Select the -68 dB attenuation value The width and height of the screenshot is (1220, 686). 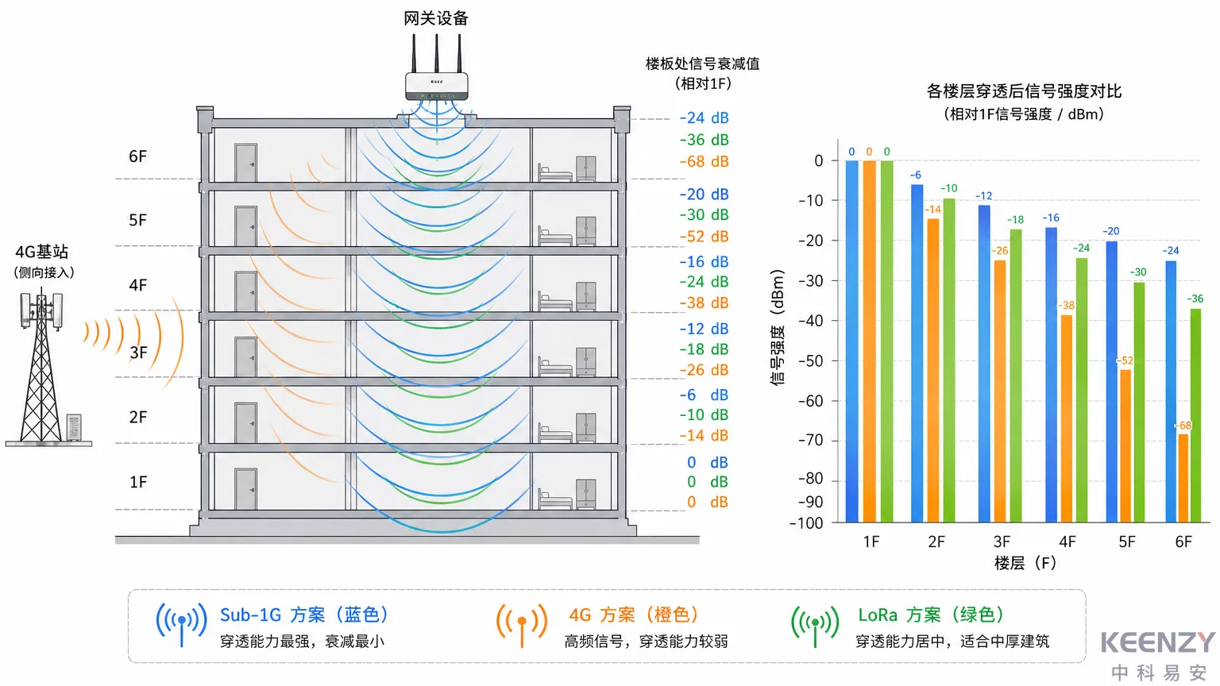click(704, 161)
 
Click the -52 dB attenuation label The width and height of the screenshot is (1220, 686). click(704, 237)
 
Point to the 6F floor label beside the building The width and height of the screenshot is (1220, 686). click(137, 156)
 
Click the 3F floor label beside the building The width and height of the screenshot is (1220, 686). click(138, 353)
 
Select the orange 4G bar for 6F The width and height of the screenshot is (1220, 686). click(1183, 478)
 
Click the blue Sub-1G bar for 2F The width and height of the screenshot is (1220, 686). click(917, 353)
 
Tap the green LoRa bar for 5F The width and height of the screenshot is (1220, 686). click(1139, 403)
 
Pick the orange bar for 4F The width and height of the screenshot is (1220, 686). click(1067, 418)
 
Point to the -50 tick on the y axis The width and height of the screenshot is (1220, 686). click(810, 361)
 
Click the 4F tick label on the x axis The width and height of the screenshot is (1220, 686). click(1067, 541)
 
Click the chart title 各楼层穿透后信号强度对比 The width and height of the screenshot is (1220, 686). click(1024, 91)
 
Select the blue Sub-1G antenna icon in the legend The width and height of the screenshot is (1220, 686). click(181, 624)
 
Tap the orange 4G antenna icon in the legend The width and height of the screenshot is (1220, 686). click(522, 625)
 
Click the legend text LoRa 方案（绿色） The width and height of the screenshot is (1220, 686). click(931, 615)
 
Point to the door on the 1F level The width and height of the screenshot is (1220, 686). click(245, 489)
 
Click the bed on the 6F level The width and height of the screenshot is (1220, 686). click(554, 172)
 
